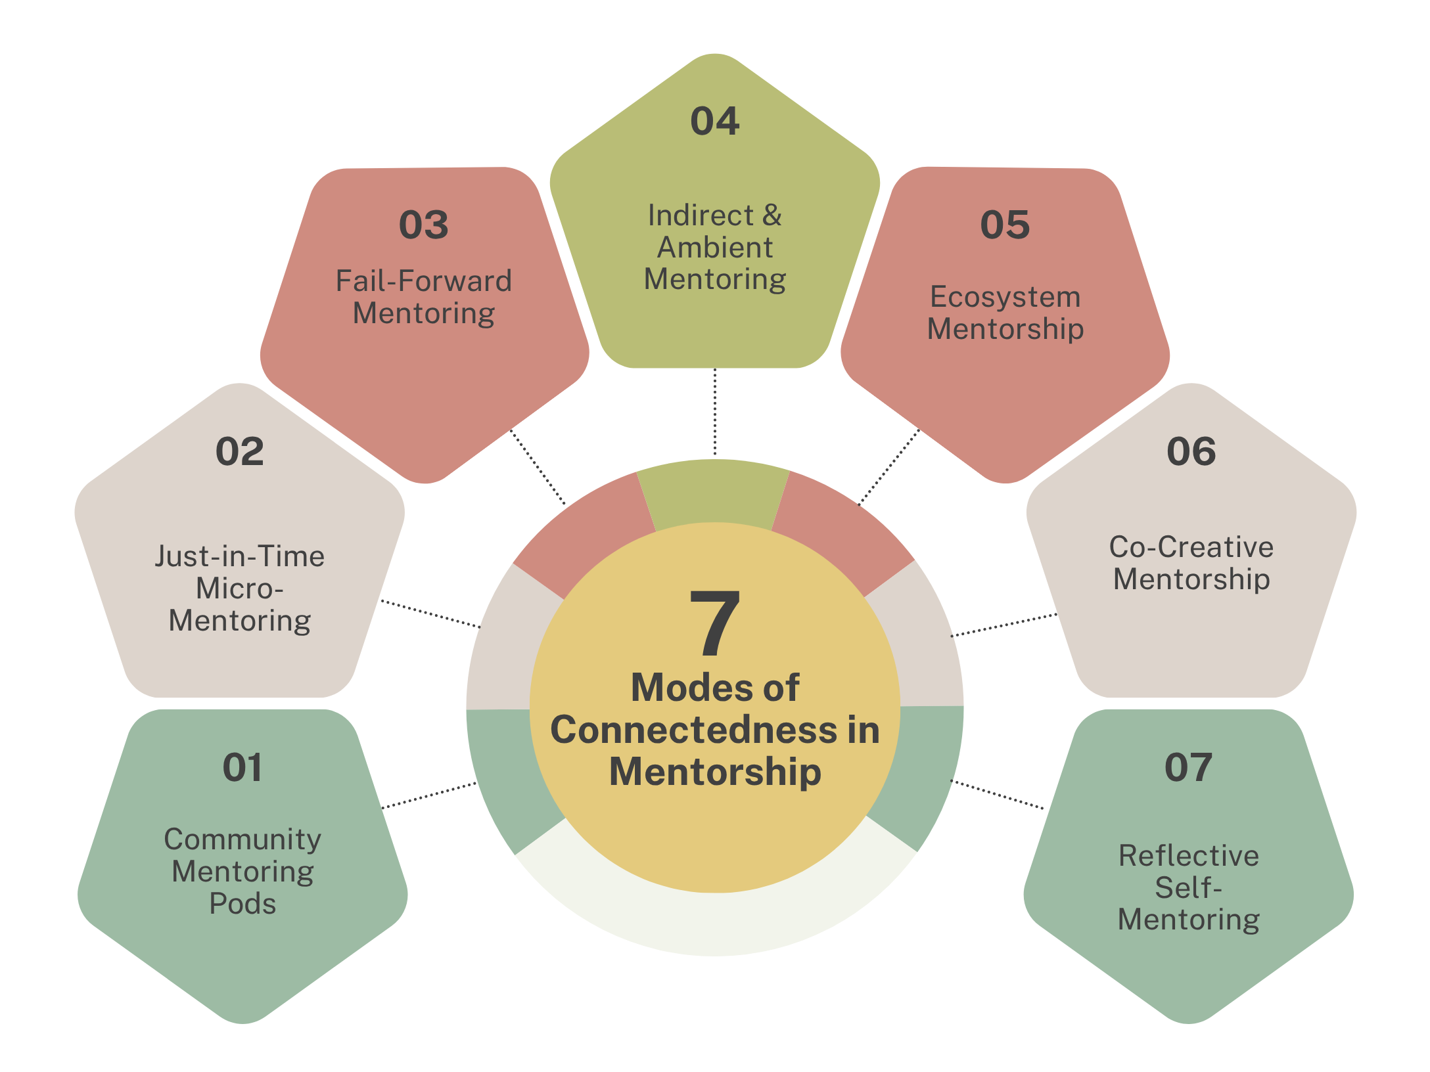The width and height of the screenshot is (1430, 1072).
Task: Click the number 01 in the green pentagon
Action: (242, 767)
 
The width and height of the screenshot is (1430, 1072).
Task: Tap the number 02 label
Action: (240, 452)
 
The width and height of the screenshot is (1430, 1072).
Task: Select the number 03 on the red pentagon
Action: (424, 225)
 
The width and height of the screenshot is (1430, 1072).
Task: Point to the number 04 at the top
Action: (715, 122)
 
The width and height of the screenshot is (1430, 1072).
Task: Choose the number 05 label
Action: (1005, 225)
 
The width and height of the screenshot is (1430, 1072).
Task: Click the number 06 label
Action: (1191, 452)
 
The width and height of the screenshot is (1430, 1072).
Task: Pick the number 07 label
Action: (1189, 767)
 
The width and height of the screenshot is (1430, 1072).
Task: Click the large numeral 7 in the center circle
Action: (715, 623)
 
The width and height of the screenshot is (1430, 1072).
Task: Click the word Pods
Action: (242, 904)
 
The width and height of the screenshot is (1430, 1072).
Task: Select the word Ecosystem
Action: (1005, 297)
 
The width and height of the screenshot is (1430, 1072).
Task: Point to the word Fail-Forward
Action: (424, 281)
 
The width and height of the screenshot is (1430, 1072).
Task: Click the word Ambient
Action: (715, 248)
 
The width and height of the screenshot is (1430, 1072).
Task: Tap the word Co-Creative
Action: (1191, 547)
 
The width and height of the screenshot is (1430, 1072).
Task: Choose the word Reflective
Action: (1189, 856)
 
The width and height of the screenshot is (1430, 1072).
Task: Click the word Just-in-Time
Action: (240, 556)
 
